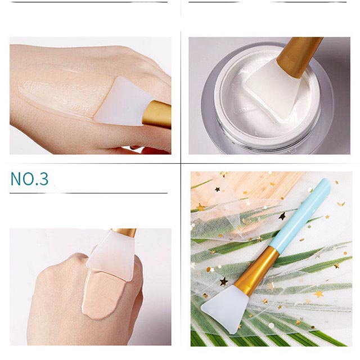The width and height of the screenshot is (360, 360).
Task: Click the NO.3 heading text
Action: click(29, 179)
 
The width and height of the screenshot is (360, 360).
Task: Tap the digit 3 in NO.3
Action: click(44, 179)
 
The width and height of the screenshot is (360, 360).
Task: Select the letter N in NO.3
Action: click(15, 179)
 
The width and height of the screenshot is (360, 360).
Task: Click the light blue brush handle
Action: click(300, 214)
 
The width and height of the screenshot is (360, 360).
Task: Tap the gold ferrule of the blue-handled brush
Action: click(256, 271)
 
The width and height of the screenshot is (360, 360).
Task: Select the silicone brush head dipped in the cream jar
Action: click(272, 89)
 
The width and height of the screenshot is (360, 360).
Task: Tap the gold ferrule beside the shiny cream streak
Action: click(157, 114)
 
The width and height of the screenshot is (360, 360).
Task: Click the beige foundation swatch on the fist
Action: click(101, 295)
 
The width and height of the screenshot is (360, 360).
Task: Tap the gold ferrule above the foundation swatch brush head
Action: click(124, 233)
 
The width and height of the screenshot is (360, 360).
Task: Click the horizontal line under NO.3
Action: click(88, 193)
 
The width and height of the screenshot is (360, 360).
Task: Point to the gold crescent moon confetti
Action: click(341, 204)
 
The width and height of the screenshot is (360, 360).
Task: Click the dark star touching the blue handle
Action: click(282, 216)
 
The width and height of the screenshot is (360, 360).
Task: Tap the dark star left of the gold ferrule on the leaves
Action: click(224, 281)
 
